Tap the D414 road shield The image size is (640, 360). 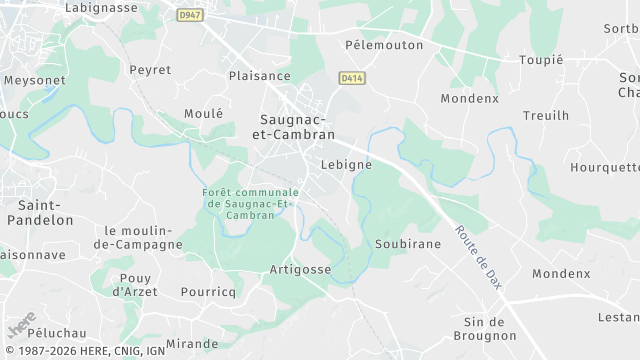pos(350,77)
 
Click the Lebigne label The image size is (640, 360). pos(347,164)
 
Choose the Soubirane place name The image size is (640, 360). pos(407,244)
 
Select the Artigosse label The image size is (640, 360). pos(300,270)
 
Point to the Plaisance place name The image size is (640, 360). pos(259,76)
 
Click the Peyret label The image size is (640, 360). pos(150,70)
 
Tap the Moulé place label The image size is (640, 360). pos(204,114)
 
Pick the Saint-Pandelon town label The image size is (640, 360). pos(40,211)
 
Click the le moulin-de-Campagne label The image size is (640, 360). pos(138,237)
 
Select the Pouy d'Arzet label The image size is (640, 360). pos(133,284)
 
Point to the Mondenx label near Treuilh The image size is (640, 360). pos(469,99)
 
